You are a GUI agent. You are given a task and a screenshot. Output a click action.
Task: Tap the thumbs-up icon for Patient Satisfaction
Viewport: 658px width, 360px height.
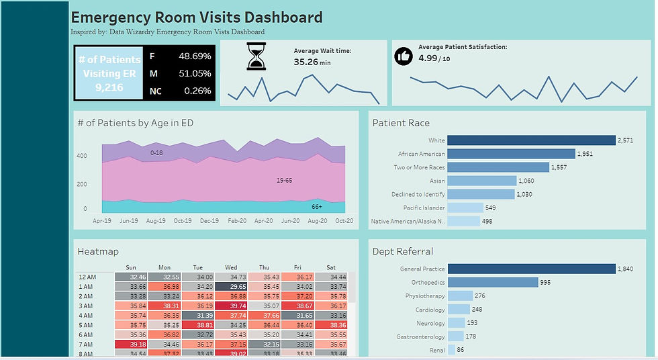click(403, 56)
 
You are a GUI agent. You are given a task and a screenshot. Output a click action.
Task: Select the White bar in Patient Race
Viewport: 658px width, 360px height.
click(531, 140)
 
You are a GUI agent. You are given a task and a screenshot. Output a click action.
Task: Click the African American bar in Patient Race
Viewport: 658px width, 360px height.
click(511, 154)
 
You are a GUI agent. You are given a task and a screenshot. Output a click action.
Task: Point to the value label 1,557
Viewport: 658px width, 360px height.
click(559, 167)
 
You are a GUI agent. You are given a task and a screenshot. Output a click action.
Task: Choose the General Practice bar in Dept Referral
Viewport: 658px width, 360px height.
click(531, 269)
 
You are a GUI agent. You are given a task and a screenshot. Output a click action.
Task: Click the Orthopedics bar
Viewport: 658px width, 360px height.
click(492, 282)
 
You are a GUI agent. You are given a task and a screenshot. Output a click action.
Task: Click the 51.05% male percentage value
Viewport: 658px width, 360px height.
click(195, 73)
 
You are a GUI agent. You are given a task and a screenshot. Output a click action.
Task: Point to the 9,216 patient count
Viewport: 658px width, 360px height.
click(109, 87)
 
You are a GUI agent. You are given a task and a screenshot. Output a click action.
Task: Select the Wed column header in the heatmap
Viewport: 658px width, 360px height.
click(231, 267)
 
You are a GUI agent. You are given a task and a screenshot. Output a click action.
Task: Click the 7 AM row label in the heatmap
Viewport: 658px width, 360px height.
click(86, 344)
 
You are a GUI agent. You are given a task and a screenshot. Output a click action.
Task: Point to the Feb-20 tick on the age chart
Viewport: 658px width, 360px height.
click(236, 220)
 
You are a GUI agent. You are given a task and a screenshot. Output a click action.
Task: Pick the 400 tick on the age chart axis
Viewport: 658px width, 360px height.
click(81, 156)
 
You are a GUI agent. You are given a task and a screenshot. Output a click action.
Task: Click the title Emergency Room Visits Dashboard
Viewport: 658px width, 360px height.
click(197, 17)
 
